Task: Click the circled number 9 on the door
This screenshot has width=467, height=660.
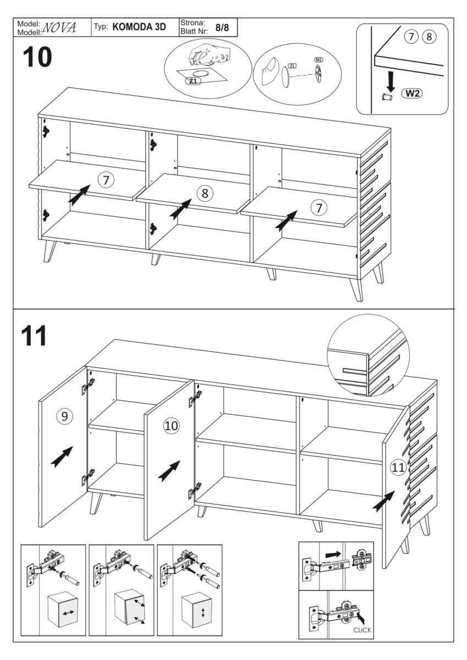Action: (x=65, y=416)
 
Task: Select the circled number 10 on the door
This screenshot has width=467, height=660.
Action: (x=171, y=425)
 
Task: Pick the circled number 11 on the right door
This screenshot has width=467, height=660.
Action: (x=397, y=468)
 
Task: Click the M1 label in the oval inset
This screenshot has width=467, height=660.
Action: (x=318, y=59)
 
